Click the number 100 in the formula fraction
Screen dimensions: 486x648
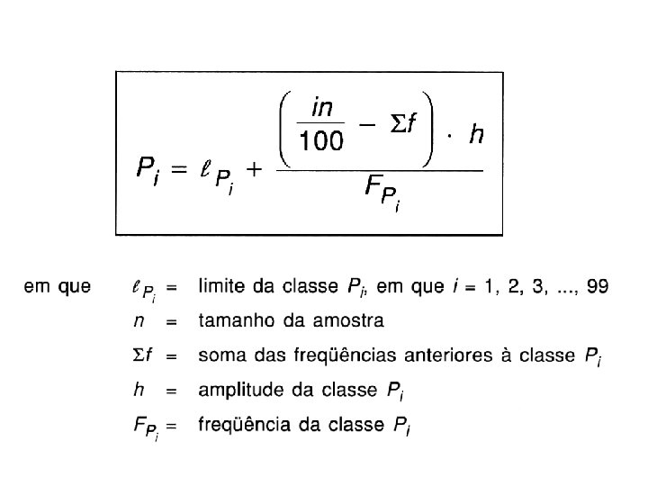point(320,142)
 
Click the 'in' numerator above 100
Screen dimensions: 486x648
point(321,107)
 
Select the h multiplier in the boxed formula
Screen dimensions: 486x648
point(476,135)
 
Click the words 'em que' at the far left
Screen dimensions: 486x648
point(57,287)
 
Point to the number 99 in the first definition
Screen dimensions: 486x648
point(597,287)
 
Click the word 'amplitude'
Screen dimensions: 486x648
point(235,390)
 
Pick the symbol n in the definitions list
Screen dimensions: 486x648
point(138,321)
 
